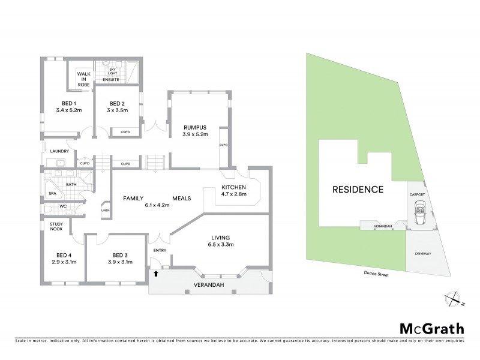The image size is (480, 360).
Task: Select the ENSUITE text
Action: [112, 79]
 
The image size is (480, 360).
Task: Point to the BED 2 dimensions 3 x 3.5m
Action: [117, 110]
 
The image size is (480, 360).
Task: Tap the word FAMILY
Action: [136, 198]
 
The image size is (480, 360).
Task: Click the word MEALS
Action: [182, 198]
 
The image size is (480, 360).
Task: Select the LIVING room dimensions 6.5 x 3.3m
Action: [221, 244]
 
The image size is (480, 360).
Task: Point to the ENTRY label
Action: [160, 250]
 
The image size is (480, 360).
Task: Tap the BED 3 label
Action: [121, 254]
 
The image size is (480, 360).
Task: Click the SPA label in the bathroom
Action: [52, 194]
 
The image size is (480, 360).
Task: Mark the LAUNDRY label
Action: [59, 151]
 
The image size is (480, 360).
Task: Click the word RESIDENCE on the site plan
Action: [358, 190]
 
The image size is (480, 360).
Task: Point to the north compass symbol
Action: [454, 298]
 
